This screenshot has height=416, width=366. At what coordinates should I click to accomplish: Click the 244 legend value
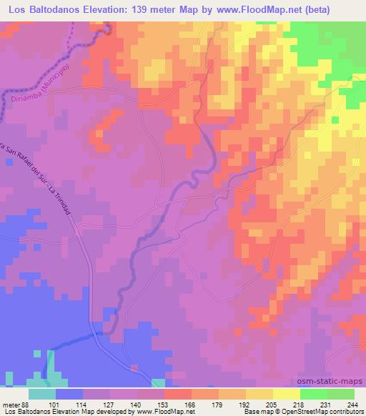tap(350, 405)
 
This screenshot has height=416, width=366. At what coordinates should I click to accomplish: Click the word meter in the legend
tap(11, 405)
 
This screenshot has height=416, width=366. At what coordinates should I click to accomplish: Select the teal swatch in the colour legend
tap(42, 394)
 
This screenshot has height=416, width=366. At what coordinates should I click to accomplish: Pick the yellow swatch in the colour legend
tap(287, 394)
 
